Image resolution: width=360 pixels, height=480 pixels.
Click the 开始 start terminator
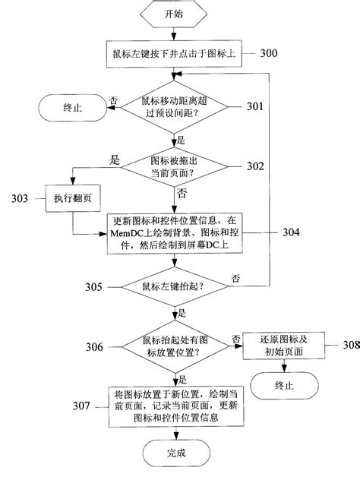tap(173, 15)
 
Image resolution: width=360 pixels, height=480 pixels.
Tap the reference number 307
tap(75, 409)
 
